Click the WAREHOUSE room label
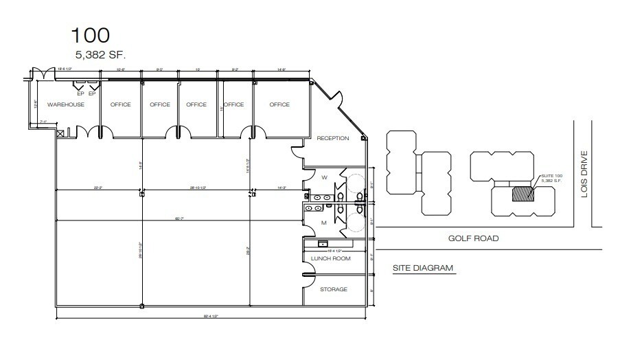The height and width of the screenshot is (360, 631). (65, 104)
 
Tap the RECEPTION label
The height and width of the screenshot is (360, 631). (333, 138)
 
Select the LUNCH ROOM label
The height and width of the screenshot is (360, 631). (331, 258)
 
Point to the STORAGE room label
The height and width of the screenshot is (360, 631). (334, 289)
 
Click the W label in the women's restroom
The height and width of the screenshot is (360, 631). (323, 177)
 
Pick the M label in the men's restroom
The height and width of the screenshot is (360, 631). (323, 223)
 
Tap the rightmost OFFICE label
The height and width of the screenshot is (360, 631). (279, 104)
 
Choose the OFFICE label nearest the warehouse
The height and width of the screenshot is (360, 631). (121, 104)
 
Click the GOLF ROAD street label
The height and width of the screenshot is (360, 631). (473, 238)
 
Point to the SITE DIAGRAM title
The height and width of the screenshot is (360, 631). (422, 268)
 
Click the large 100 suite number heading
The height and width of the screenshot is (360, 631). (90, 34)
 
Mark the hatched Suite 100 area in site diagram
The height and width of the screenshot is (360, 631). (523, 194)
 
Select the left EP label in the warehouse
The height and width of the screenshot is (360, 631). (80, 93)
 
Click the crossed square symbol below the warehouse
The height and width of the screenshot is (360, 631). (60, 133)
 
